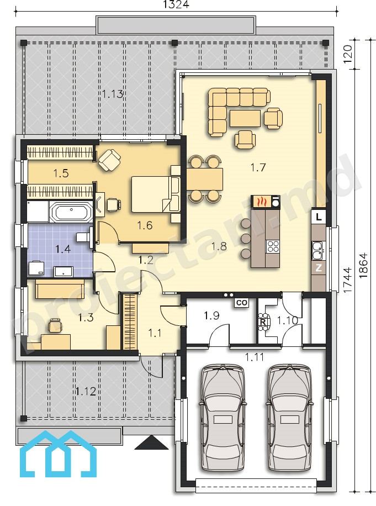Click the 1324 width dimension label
tap(176, 4)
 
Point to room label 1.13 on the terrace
tap(113, 94)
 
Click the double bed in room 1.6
tap(155, 194)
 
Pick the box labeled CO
tap(242, 302)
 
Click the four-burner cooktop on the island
tap(273, 246)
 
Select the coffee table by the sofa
tap(245, 118)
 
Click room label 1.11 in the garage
tap(255, 357)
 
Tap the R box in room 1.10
tap(263, 321)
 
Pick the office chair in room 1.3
tap(55, 325)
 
